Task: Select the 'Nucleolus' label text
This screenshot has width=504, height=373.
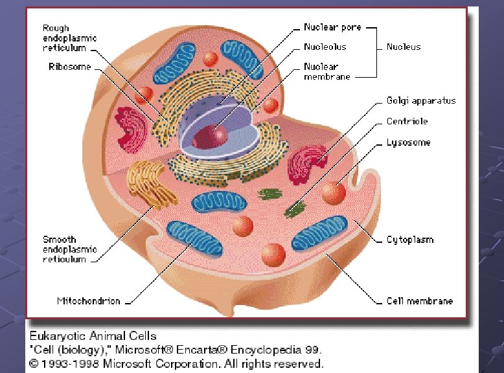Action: (325, 47)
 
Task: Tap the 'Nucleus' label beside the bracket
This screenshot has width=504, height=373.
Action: (404, 47)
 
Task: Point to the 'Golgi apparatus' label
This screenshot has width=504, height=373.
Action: (421, 100)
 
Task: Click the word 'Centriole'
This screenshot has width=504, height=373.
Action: (407, 121)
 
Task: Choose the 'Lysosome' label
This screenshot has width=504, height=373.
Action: (408, 142)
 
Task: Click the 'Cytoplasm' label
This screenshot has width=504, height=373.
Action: (409, 240)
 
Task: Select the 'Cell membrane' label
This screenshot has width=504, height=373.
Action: (419, 301)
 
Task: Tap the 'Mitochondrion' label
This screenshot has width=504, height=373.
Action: (89, 301)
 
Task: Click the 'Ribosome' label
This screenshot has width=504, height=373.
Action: (69, 67)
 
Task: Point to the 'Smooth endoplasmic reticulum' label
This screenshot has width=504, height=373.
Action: (69, 249)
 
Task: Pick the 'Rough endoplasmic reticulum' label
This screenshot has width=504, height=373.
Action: (69, 38)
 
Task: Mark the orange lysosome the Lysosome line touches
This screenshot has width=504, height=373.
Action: (333, 192)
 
